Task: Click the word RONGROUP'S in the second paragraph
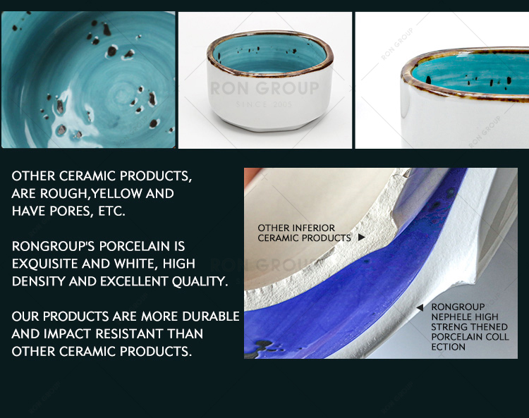coord(54,246)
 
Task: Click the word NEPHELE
coord(451,317)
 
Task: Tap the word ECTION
coord(448,347)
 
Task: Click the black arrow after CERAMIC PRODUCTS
coord(361,238)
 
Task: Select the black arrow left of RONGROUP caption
coord(420,307)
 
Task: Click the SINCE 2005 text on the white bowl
coord(264,104)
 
